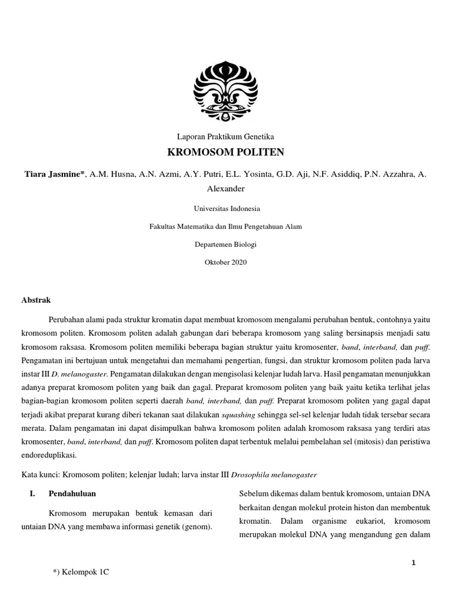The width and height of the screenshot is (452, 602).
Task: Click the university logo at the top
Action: (x=226, y=91)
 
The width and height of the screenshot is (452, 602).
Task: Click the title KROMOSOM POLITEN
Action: (x=226, y=153)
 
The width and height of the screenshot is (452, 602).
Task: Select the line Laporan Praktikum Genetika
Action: (x=226, y=136)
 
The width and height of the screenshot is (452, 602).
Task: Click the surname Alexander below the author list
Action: (x=226, y=189)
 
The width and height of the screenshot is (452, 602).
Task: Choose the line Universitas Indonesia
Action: (x=226, y=208)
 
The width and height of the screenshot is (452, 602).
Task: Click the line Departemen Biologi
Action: (x=226, y=244)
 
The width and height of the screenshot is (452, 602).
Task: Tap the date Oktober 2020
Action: (x=226, y=262)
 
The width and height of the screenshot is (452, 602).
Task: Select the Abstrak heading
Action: (x=36, y=300)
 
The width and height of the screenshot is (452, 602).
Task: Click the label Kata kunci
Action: (x=39, y=474)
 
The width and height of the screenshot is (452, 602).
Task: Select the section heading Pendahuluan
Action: (x=72, y=493)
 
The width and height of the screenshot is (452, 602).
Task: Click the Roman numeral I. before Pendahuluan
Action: (x=33, y=493)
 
